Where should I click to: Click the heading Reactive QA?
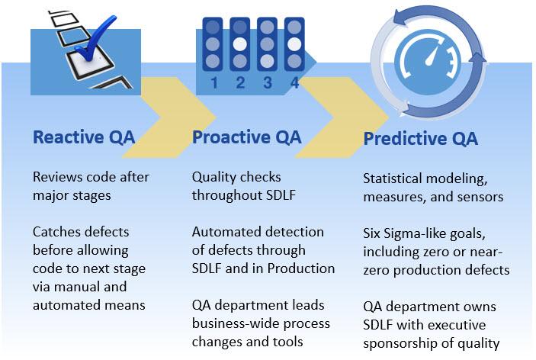click(84, 137)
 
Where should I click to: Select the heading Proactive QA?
click(246, 137)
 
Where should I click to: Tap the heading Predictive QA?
click(420, 139)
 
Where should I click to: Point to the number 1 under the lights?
click(214, 82)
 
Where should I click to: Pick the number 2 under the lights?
click(240, 82)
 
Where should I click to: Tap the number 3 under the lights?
click(268, 82)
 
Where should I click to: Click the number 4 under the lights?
click(294, 82)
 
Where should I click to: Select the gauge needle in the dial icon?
click(432, 56)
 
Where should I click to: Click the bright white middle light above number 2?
click(239, 44)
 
